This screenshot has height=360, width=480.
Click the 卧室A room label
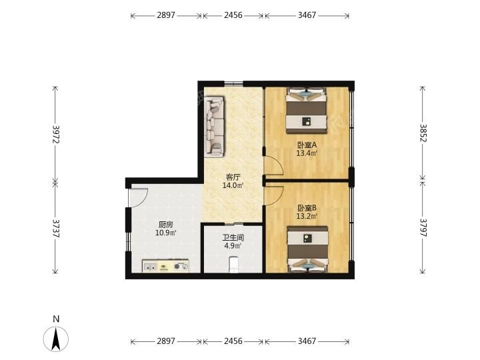pos(307,145)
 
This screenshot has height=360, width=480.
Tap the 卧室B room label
pos(307,208)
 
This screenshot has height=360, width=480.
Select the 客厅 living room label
pos(233,177)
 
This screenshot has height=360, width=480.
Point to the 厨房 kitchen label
pos(165,225)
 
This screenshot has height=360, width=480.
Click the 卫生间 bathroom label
pos(233,237)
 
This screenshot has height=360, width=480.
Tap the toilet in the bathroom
pos(233,265)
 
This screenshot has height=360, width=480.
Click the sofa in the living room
pos(214,127)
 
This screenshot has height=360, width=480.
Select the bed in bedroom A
pos(307,111)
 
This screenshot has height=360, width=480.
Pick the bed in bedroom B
pos(307,249)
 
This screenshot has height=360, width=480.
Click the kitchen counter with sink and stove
pos(165,266)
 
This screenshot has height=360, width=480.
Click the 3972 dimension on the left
pos(56,134)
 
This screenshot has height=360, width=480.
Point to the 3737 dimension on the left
pos(56,229)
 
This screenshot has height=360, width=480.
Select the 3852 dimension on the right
pos(423,133)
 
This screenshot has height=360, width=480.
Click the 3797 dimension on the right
pos(423,227)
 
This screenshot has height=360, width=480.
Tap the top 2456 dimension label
pos(233,15)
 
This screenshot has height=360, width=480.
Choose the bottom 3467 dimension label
pos(307,341)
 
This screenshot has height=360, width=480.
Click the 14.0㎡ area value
pos(233,185)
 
